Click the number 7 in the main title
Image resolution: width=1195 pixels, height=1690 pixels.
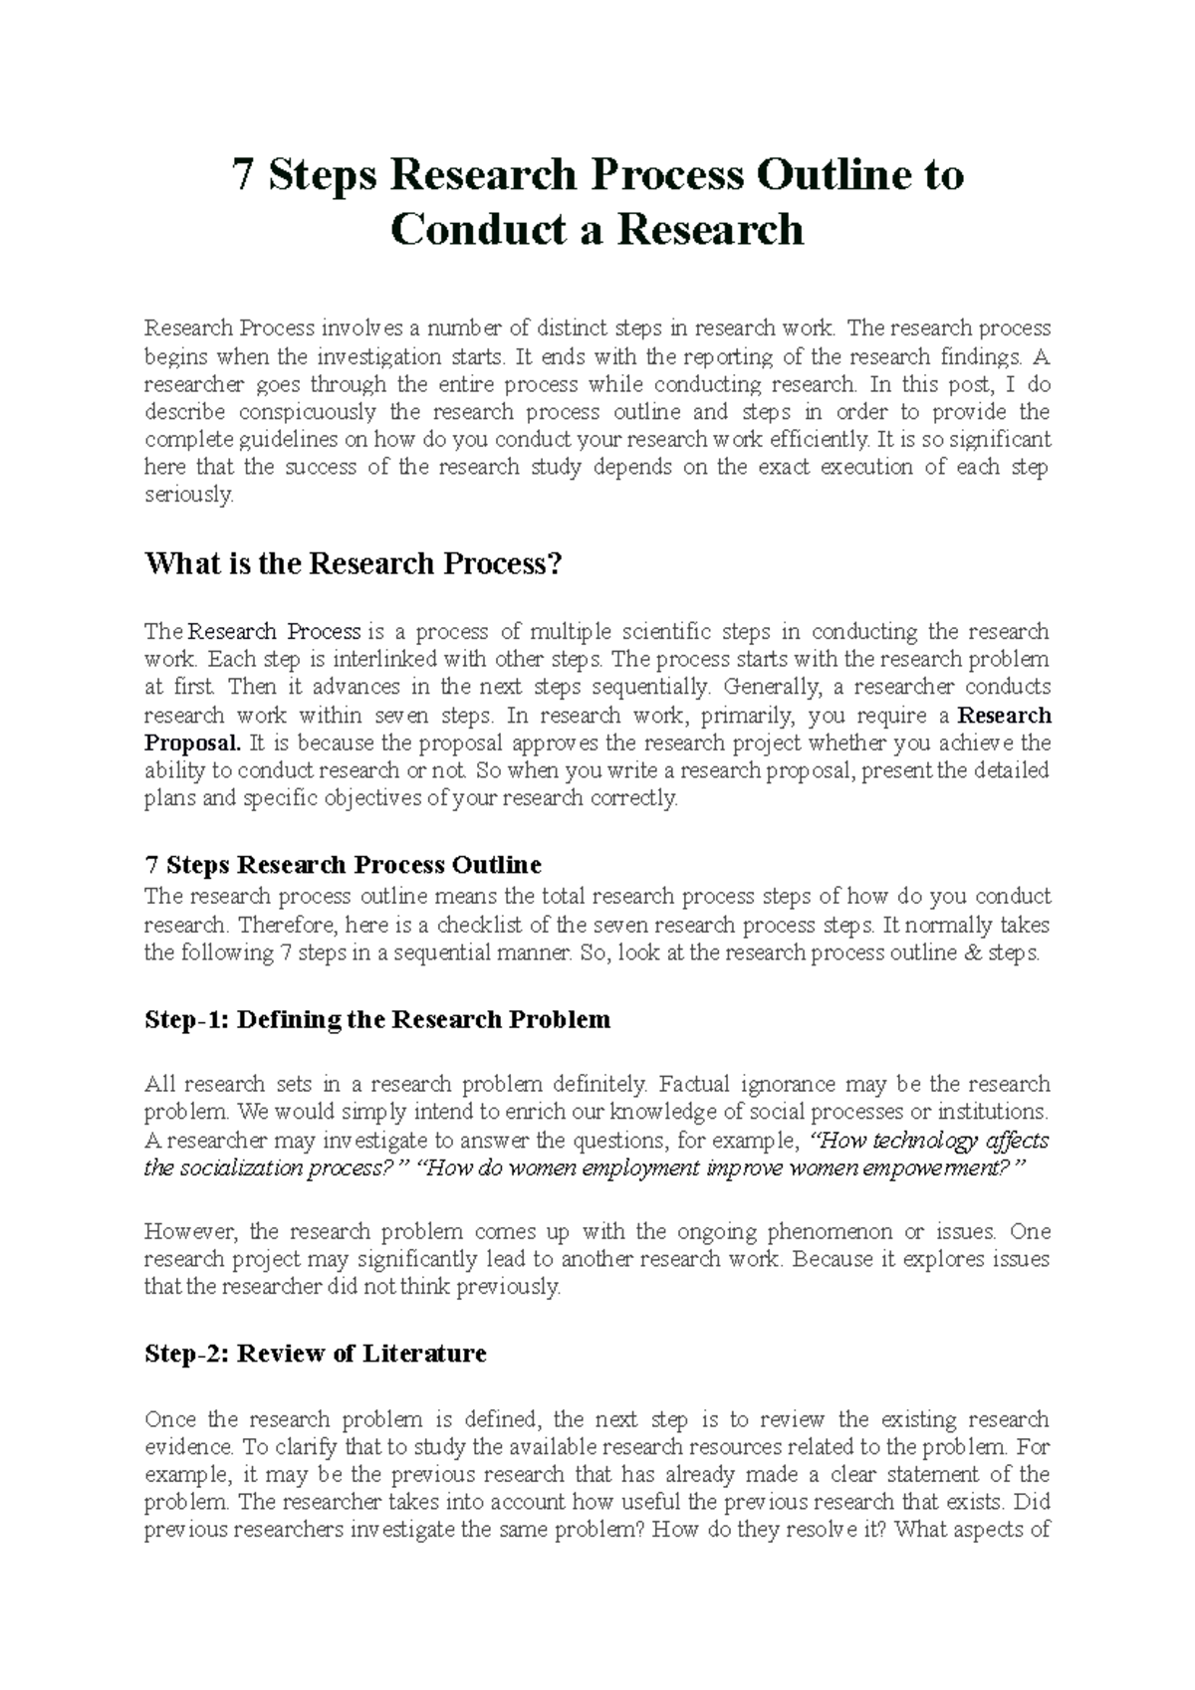[x=242, y=175]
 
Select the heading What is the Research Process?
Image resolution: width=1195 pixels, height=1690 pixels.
[x=354, y=564]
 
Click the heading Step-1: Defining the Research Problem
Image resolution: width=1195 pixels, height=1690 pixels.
[x=377, y=1020]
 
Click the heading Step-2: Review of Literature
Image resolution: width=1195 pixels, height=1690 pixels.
[x=316, y=1354]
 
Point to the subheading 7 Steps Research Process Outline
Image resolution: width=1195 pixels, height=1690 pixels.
[x=343, y=865]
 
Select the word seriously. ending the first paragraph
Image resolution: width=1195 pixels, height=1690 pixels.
[x=189, y=496]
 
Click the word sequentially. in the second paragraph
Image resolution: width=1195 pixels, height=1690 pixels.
[x=652, y=687]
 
